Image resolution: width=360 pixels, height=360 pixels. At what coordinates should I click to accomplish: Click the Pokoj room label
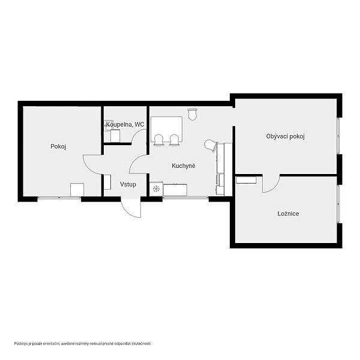[x=58, y=146]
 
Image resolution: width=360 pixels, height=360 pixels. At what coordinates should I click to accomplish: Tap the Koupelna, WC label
[x=125, y=124]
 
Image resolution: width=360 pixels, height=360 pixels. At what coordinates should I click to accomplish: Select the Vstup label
[x=128, y=184]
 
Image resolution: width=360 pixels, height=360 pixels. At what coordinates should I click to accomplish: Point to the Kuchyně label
[x=184, y=166]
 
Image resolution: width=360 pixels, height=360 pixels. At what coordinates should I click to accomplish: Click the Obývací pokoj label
[x=286, y=136]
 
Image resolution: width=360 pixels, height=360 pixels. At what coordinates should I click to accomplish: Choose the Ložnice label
[x=288, y=214]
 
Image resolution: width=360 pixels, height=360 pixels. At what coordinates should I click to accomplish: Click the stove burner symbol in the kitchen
[x=156, y=189]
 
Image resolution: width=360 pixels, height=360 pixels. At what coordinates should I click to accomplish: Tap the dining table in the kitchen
[x=166, y=129]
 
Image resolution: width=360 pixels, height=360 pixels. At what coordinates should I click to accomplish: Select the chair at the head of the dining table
[x=192, y=114]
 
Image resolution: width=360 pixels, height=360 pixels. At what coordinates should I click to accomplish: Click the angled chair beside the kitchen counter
[x=211, y=145]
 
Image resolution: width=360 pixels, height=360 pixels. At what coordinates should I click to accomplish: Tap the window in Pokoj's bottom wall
[x=59, y=197]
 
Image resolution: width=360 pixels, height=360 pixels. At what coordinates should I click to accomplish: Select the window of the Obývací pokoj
[x=338, y=136]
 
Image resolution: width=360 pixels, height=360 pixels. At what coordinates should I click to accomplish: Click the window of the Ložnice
[x=338, y=203]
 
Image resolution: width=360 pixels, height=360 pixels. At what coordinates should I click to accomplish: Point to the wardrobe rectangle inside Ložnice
[x=247, y=180]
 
